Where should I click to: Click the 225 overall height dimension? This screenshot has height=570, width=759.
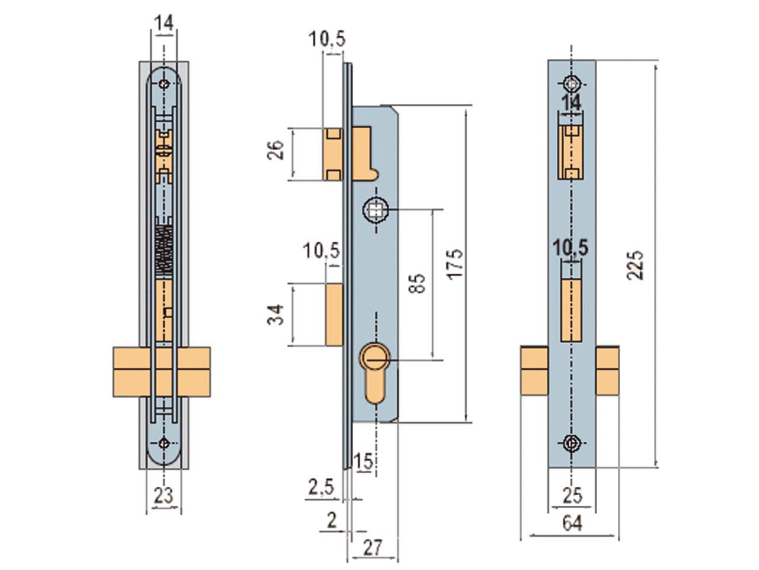[x=635, y=265]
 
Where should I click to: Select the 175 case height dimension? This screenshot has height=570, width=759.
[x=454, y=264]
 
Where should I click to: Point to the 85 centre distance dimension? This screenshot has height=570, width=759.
[x=419, y=284]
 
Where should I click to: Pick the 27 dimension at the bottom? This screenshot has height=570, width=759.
[x=372, y=547]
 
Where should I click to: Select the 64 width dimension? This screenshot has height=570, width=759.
[x=572, y=523]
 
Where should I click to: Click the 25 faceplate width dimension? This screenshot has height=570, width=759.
[x=572, y=495]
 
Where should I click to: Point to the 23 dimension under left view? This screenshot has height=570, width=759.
[x=163, y=495]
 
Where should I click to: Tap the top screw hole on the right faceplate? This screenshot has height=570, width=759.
[x=572, y=83]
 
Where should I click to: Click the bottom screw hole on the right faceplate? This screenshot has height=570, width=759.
[x=572, y=443]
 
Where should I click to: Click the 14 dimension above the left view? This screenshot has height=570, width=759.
[x=164, y=23]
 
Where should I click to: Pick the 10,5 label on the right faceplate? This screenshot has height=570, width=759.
[x=570, y=249]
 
